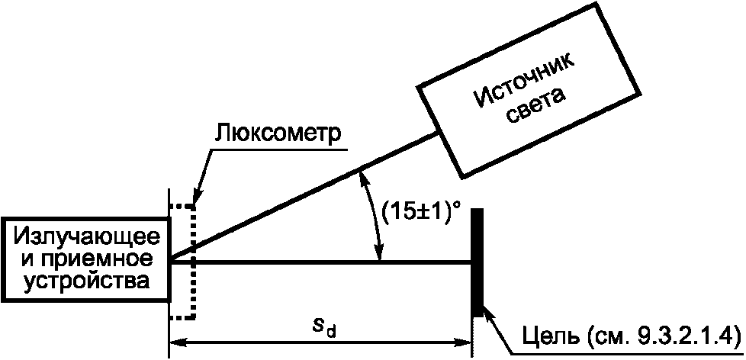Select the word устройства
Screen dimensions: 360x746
coord(85,281)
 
